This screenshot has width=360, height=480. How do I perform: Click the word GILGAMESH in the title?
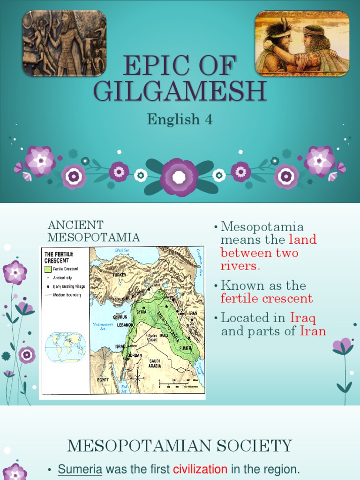tap(180, 91)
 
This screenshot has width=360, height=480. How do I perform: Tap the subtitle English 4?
tap(180, 120)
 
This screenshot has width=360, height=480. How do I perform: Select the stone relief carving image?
tap(65, 43)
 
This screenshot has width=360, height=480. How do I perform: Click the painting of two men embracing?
tap(302, 43)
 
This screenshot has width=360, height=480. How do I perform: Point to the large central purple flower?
tap(179, 177)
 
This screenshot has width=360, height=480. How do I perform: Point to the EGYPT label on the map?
tap(103, 379)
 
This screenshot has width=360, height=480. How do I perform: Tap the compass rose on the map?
tap(137, 376)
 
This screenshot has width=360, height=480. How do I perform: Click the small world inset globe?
tap(66, 347)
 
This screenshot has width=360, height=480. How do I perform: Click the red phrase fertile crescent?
tap(267, 299)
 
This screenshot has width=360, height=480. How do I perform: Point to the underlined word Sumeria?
tap(80, 469)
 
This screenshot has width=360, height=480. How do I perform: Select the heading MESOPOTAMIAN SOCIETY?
tap(180, 446)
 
